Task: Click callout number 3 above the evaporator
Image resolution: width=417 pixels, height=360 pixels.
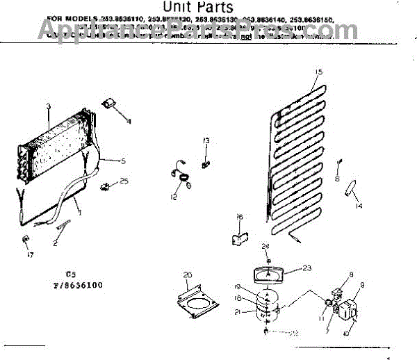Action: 49,106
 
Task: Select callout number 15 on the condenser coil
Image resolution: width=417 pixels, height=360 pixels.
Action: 319,72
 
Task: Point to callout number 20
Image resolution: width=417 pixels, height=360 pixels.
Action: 186,275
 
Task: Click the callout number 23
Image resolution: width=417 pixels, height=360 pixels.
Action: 307,269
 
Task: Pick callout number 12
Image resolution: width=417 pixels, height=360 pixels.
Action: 174,197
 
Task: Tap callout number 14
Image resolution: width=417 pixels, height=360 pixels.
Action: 359,206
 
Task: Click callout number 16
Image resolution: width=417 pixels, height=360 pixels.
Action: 240,218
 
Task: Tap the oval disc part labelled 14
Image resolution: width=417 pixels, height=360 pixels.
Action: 355,187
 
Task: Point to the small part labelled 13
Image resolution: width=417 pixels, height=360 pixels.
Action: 206,163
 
